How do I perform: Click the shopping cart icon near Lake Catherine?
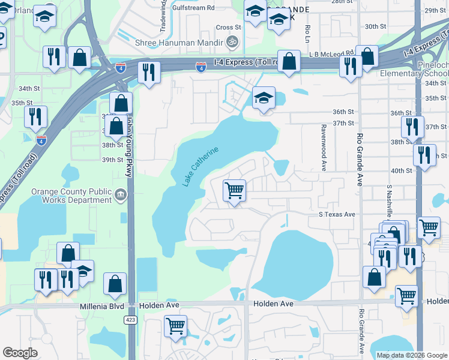pos(234,191)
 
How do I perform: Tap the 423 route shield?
pos(131,320)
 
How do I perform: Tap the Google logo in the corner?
pos(20,353)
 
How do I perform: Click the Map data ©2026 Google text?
pos(412,355)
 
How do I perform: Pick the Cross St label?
pos(228,28)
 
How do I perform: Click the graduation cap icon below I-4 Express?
pos(264,98)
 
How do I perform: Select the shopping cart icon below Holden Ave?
pos(175,326)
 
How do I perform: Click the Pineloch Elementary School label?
pos(414,68)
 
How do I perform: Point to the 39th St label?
pos(112,160)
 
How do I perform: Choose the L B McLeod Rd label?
pos(331,53)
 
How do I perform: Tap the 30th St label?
pos(375,26)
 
